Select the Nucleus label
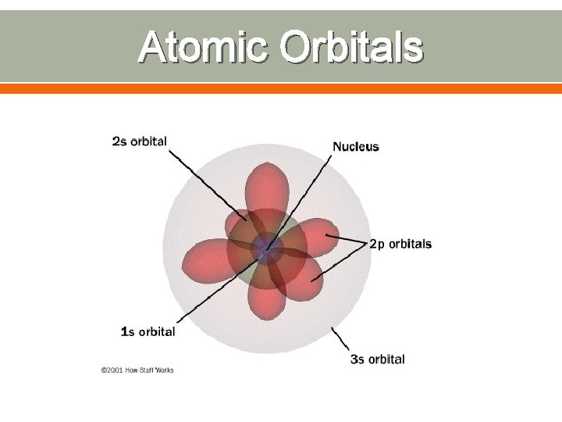pyautogui.click(x=356, y=146)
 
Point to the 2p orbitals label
pyautogui.click(x=400, y=244)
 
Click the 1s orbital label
pyautogui.click(x=148, y=331)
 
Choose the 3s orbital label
pyautogui.click(x=377, y=359)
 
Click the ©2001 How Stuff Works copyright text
pyautogui.click(x=137, y=370)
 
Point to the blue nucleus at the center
pyautogui.click(x=270, y=249)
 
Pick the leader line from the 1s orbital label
pyautogui.click(x=211, y=292)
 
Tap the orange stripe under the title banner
pyautogui.click(x=281, y=89)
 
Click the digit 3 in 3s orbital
pyautogui.click(x=354, y=359)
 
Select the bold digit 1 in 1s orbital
pyautogui.click(x=124, y=331)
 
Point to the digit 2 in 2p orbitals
pyautogui.click(x=372, y=244)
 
